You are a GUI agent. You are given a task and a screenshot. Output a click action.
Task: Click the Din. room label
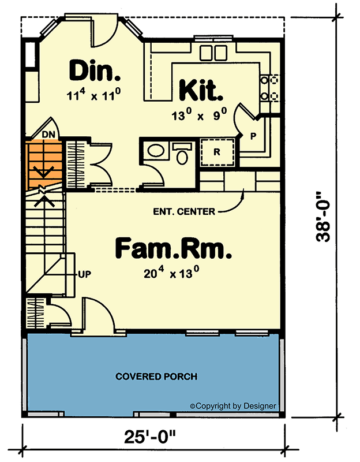point(95,70)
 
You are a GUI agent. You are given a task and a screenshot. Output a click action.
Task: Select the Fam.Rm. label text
point(173,249)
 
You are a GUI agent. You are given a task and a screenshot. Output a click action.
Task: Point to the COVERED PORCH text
point(156,377)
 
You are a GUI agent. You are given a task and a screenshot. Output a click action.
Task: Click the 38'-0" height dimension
point(323,217)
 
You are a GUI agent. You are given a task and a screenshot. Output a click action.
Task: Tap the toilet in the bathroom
point(182,154)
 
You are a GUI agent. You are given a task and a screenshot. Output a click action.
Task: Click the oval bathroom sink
point(156,151)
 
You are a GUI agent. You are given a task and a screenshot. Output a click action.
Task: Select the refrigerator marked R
point(217,152)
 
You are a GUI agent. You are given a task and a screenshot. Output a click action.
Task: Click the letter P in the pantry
point(253,136)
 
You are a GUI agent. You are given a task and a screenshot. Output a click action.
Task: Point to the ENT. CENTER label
point(184,211)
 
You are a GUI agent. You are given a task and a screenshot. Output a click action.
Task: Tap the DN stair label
point(48,135)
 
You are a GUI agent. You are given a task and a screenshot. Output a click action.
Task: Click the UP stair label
point(85,275)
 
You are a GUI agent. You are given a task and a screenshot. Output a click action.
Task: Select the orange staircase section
point(44,166)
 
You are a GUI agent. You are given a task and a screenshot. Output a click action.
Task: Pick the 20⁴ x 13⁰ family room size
point(172,273)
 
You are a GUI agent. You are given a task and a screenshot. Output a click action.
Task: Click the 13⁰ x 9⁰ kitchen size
point(199,115)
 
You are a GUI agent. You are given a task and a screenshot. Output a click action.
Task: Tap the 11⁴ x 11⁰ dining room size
point(93,94)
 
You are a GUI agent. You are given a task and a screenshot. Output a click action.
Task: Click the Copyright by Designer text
point(233,406)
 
